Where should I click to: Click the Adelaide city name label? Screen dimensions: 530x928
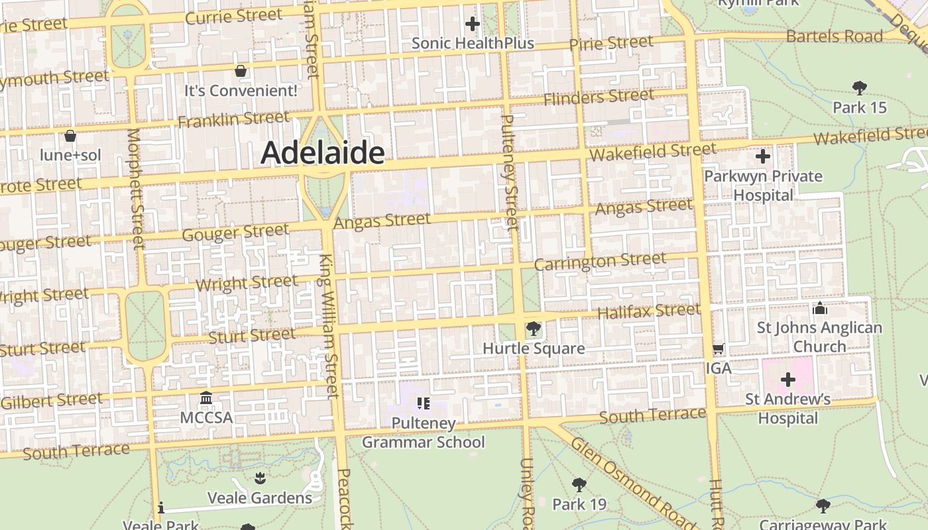323,153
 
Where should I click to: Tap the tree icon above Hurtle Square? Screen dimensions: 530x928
533,328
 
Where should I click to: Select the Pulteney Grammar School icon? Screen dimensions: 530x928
424,403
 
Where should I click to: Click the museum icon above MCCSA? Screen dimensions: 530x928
206,398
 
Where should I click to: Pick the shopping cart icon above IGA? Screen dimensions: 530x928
718,348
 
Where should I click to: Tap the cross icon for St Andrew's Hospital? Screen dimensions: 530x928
787,380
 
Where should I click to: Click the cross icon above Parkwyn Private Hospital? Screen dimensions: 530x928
763,157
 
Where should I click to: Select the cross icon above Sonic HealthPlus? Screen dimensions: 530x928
472,25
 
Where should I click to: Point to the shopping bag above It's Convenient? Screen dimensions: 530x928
241,70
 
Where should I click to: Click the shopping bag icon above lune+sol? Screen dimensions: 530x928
70,136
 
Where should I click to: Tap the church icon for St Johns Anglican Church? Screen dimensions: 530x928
820,308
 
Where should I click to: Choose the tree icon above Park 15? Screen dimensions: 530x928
860,87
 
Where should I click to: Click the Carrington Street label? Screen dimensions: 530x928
600,262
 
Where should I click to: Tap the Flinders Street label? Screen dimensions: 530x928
599,97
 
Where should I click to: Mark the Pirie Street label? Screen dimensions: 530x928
611,44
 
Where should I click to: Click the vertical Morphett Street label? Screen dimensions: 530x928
135,189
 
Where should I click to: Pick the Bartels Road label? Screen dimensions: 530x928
834,36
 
